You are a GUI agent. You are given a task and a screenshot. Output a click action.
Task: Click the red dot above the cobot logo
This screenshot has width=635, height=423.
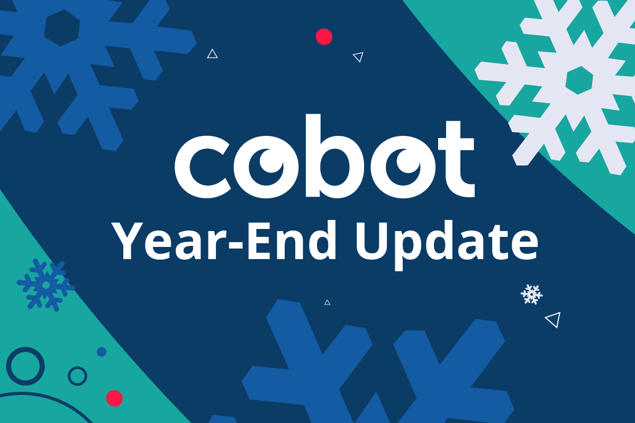coord(324,36)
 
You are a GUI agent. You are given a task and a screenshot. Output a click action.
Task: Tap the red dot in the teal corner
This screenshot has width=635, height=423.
coord(114,398)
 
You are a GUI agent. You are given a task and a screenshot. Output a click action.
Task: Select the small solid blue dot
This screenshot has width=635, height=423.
coord(102,352)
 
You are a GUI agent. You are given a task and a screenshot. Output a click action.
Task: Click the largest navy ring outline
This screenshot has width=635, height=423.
coord(25,366)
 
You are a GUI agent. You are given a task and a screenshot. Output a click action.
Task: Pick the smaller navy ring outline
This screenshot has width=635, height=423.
coord(78,376)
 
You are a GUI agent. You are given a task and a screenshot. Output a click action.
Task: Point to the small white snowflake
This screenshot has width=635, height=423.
coord(531,294)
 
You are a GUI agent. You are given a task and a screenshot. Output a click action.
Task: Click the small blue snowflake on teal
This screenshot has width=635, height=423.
coord(46,284)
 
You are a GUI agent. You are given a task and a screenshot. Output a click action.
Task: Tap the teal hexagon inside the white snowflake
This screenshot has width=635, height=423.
coord(578,80)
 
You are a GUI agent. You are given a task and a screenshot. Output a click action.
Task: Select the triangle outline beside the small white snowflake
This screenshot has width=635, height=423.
coord(553,319)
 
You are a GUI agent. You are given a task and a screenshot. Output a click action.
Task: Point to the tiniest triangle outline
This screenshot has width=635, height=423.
coord(327,302)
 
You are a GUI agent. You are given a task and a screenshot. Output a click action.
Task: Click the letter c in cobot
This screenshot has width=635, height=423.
coord(199,164)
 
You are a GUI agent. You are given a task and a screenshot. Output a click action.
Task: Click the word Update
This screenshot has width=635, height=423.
coord(446,241)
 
